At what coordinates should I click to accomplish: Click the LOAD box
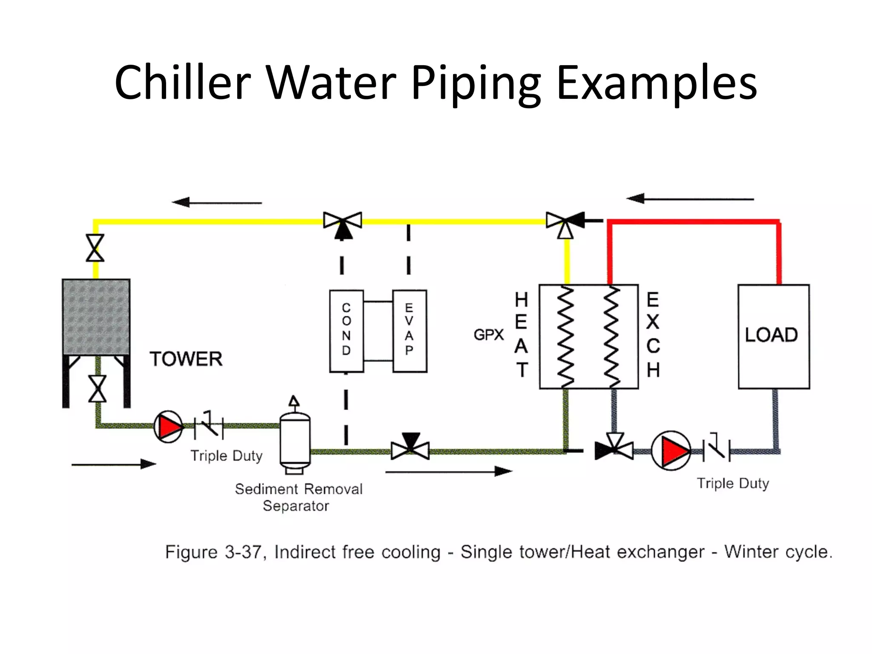pos(774,336)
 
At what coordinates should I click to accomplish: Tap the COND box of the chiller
pos(347,331)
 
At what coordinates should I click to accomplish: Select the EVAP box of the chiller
pos(409,331)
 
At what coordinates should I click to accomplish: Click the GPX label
pos(488,335)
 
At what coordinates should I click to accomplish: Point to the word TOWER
pos(186,359)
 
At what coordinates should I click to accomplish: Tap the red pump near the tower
pos(169,426)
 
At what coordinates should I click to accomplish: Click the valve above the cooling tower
pos(95,248)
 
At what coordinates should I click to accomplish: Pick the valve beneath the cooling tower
pos(98,389)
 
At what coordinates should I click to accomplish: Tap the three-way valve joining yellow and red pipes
pos(565,223)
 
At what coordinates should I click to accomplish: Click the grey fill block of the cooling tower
pos(96,317)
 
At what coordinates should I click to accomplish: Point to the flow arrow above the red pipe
pos(690,199)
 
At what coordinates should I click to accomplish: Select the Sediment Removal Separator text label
pos(298,497)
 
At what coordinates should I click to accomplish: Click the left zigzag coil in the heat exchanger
pos(566,336)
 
